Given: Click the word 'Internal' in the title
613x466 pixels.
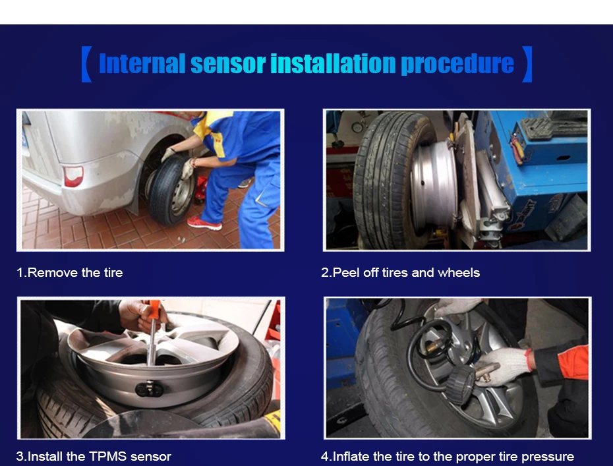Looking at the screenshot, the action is pos(142,64).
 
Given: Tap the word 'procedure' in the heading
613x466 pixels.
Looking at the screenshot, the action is pos(457,65).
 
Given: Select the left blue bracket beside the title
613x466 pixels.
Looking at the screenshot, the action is pos(86,64).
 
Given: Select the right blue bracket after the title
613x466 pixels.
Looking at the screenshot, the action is pos(527,64).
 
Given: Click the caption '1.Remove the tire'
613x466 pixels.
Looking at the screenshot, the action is pos(70,272).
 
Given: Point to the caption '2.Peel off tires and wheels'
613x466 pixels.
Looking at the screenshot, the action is pos(400,272).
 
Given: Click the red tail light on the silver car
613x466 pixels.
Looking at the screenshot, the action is pos(74,176).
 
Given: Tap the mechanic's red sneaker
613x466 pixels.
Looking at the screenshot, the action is pos(204,223).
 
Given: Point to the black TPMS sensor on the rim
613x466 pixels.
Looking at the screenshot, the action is pos(149,389).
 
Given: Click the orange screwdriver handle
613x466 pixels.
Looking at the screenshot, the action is pos(154,310).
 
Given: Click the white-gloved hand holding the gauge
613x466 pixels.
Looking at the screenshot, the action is pos(504,366).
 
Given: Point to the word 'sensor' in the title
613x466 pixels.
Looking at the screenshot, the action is pos(228,64).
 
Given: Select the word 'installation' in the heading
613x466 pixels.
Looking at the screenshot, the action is pos(333,64).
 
